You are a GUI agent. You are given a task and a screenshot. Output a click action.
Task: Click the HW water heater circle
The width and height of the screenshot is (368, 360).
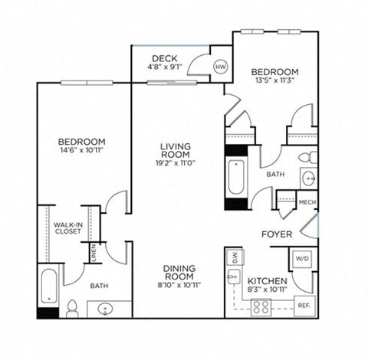tap(221, 67)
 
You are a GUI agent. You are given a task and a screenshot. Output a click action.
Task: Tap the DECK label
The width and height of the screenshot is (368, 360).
tap(165, 58)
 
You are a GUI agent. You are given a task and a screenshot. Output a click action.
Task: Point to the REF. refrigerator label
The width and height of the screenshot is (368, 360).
tap(304, 306)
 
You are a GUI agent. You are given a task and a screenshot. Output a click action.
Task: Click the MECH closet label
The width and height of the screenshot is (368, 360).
tap(307, 202)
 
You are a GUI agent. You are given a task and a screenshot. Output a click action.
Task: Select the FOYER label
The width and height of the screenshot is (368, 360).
tap(275, 234)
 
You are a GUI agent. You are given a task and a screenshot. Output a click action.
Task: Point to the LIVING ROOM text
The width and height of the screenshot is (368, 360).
tap(175, 150)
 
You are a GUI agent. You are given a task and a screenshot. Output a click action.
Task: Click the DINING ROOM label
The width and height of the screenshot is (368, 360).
tap(183, 273)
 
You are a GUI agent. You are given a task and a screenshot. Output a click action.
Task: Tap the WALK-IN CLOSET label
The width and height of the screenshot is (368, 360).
tap(67, 228)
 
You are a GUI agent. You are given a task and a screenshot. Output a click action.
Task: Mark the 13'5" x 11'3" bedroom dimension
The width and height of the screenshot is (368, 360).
tap(273, 80)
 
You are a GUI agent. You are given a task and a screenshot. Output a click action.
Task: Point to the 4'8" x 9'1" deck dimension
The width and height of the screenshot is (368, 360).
tap(165, 67)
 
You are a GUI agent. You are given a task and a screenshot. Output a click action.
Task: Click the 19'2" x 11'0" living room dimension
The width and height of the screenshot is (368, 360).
tap(175, 163)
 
